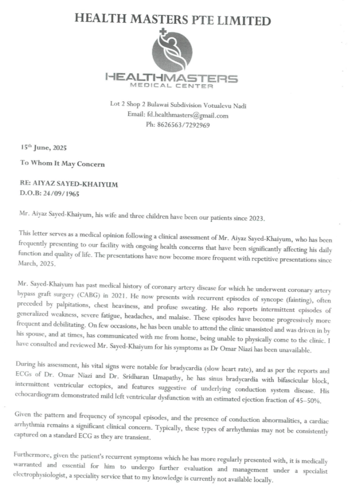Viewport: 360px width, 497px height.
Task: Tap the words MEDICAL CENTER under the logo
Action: point(171,85)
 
